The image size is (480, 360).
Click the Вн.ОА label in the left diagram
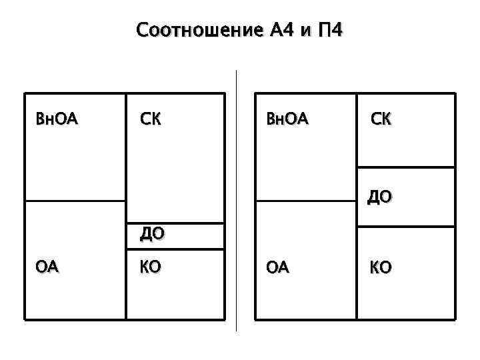click(57, 120)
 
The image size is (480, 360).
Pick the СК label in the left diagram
click(150, 120)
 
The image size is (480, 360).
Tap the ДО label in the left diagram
click(153, 234)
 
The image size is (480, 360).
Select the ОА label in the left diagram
click(47, 268)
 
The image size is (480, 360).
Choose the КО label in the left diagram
click(149, 268)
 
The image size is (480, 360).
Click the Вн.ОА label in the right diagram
click(287, 120)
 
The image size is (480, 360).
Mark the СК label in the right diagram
click(381, 120)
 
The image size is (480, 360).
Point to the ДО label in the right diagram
click(379, 197)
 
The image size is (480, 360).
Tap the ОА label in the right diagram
click(277, 268)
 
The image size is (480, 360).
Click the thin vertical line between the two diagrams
click(237, 200)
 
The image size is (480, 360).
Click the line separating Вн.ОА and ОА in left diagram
click(75, 201)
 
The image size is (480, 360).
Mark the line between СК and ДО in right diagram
click(406, 167)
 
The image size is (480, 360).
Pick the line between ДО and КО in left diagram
click(175, 249)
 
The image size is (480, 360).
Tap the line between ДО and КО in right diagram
click(406, 227)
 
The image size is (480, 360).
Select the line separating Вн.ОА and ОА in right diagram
click(305, 201)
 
